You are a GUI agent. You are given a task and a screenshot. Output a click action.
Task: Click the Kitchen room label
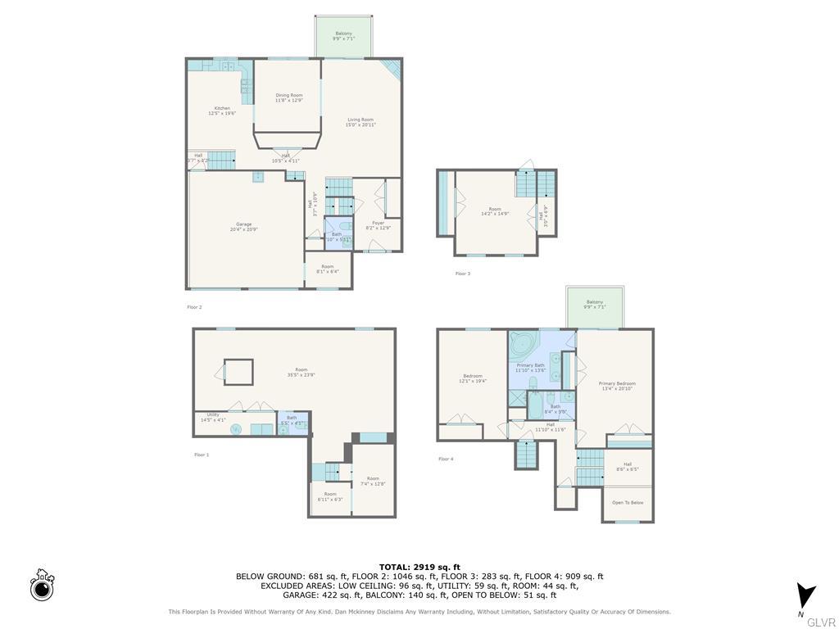coord(222,111)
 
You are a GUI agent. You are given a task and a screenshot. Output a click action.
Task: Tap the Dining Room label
coord(288,97)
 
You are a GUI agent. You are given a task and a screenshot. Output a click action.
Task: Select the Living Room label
coord(361,122)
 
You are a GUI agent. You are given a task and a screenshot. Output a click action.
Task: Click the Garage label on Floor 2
coord(244,226)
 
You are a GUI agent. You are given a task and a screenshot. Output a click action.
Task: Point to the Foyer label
coord(378,224)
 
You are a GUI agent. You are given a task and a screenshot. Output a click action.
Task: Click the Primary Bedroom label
coord(617,386)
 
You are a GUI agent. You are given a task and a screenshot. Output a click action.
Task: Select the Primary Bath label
coord(530,367)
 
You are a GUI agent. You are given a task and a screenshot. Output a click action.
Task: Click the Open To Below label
coord(628,503)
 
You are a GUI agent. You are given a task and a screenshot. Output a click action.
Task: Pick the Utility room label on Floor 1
coord(213,417)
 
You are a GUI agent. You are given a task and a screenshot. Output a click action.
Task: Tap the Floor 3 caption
coord(463,274)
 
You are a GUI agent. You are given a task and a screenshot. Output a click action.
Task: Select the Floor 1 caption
coord(202,455)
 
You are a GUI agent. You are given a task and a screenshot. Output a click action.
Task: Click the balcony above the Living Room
coord(342,36)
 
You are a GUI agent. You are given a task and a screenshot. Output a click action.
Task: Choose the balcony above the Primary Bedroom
coord(594,305)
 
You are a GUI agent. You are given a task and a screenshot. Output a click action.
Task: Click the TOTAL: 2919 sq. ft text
coord(419,567)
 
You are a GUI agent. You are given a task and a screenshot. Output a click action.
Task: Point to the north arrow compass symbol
coord(805,595)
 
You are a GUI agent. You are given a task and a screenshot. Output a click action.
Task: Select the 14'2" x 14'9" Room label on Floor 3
coord(495,211)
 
